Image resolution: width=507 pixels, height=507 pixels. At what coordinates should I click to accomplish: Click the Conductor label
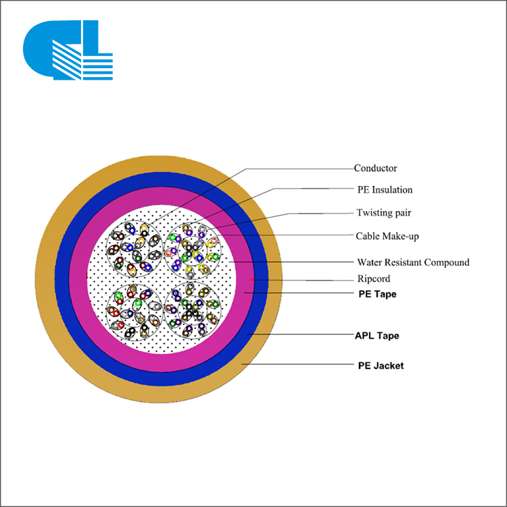375,168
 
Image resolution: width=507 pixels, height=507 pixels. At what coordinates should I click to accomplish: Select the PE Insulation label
385,190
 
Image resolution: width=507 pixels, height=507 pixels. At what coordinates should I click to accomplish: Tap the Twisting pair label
384,213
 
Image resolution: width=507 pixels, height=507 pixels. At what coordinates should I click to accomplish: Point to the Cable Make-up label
387,236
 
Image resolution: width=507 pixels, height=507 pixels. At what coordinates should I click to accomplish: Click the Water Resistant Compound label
413,262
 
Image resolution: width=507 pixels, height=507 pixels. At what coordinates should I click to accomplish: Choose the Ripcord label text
374,279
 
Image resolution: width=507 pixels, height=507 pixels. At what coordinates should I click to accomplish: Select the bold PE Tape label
377,294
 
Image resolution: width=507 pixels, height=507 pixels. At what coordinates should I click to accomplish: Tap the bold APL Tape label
377,335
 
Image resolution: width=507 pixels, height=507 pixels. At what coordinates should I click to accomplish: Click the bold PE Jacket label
381,366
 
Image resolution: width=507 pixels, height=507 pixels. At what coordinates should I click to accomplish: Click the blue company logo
68,50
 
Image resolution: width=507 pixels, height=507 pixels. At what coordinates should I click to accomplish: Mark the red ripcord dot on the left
87,277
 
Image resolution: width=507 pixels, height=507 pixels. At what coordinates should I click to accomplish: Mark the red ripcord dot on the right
253,280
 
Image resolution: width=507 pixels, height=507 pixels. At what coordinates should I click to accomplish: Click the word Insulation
392,190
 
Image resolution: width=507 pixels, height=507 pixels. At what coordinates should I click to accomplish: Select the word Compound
447,262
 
